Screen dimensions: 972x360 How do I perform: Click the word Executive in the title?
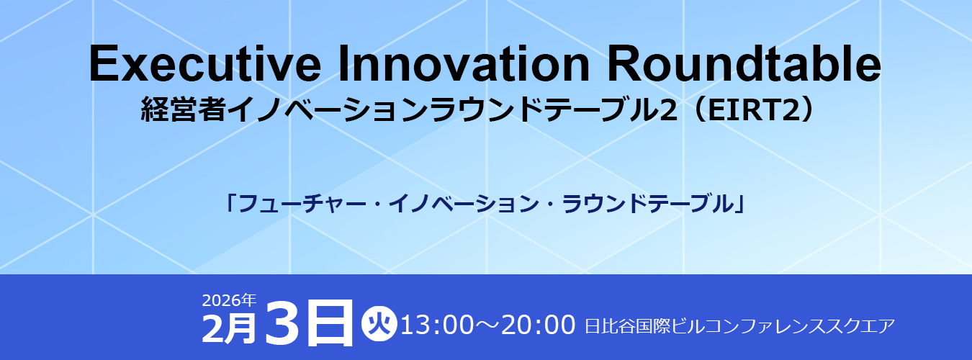pyautogui.click(x=204, y=64)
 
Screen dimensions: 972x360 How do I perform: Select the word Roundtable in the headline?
pyautogui.click(x=744, y=63)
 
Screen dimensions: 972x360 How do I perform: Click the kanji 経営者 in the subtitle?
pyautogui.click(x=183, y=109)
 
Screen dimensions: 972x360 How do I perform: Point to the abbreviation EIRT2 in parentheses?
pyautogui.click(x=752, y=110)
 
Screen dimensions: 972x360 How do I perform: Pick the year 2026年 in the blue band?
pyautogui.click(x=230, y=300)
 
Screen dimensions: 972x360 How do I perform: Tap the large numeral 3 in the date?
pyautogui.click(x=282, y=323)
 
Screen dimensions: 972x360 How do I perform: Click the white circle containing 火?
pyautogui.click(x=379, y=323)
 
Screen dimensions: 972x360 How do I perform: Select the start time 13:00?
pyautogui.click(x=437, y=325)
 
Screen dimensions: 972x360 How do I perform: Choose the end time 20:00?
pyautogui.click(x=538, y=325)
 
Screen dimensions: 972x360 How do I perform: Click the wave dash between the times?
pyautogui.click(x=487, y=325)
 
